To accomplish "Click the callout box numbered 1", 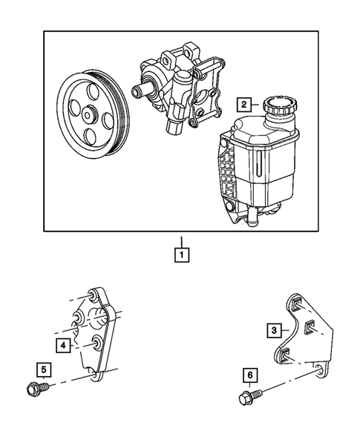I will [x=180, y=256].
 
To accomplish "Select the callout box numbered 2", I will [x=246, y=105].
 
